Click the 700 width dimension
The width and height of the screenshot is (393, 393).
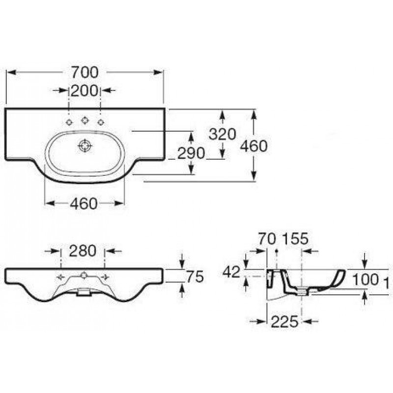[x=85, y=72]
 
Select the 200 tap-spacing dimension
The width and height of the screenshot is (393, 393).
[x=84, y=90]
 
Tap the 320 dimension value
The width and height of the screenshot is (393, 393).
[x=223, y=134]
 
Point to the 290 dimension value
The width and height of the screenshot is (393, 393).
[x=191, y=153]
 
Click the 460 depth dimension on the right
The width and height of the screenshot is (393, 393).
[x=254, y=146]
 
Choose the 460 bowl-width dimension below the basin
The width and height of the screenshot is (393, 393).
[x=84, y=203]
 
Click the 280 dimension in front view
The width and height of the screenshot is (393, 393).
[x=83, y=251]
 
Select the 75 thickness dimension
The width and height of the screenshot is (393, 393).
[x=195, y=277]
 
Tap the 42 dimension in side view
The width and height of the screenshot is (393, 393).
[x=231, y=272]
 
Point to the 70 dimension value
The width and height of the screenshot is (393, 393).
[x=267, y=239]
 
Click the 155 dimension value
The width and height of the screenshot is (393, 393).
[x=295, y=239]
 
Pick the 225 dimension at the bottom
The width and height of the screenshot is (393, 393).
[x=285, y=321]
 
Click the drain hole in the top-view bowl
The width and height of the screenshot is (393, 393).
[x=85, y=145]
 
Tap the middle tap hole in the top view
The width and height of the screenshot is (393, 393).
[x=85, y=120]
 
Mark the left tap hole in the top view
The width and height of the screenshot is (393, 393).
[x=69, y=122]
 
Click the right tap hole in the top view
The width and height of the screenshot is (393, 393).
[x=101, y=122]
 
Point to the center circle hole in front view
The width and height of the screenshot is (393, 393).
[x=84, y=276]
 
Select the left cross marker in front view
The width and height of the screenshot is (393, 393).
[x=60, y=277]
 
